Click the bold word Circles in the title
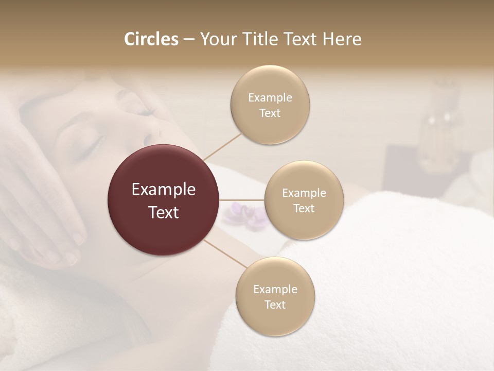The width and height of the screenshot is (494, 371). coord(151,39)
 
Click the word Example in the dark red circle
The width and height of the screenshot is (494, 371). coord(164,190)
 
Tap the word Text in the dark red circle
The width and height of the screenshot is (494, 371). coord(164,212)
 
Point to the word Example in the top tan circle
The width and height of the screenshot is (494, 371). coord(270,98)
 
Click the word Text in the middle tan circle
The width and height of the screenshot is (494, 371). coord(304,208)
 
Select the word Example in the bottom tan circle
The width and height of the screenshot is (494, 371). coord(275,289)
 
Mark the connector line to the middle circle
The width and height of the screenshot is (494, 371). coord(242,200)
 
